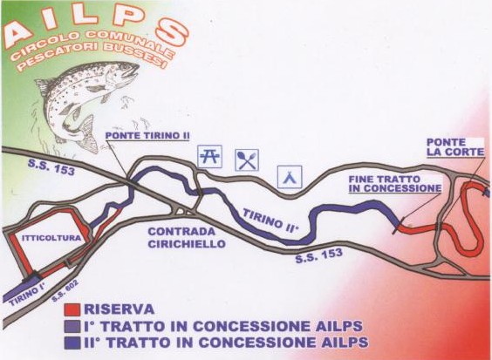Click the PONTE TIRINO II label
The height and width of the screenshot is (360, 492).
pos(147,136)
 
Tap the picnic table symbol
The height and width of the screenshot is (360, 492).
pos(210,156)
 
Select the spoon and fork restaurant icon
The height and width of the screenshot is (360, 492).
pos(247,160)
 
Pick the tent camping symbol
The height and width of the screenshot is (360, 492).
pos(290,177)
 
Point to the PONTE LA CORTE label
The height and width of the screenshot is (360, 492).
pos(455,147)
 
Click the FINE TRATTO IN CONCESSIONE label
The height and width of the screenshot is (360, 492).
pos(395,184)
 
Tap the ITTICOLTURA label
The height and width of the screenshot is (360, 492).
pos(51,238)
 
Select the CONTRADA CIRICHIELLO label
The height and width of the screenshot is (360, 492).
pos(187,238)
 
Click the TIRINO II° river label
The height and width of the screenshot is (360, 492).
pos(270,221)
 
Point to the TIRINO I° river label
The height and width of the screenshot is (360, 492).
pos(28,293)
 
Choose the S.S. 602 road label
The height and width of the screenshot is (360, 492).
pos(65,290)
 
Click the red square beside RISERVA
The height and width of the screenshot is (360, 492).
pos(72,309)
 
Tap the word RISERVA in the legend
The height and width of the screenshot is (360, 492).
pos(120,309)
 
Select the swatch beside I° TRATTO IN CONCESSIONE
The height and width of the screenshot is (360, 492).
pos(72,327)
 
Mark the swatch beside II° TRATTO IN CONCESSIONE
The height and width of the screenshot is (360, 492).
pos(72,343)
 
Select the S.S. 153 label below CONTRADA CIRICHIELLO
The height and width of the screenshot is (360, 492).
pos(318,256)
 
